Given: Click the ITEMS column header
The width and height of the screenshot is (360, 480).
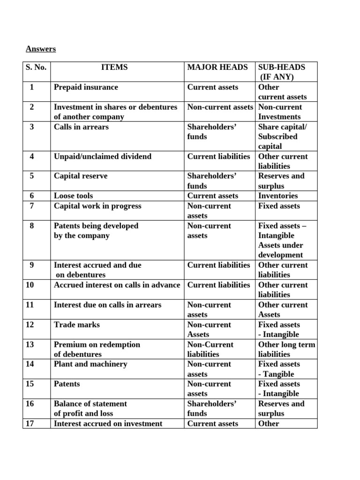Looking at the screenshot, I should pyautogui.click(x=114, y=67).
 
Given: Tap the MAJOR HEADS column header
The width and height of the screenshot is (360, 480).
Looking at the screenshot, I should pyautogui.click(x=217, y=67).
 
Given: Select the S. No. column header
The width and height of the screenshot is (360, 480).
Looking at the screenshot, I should pyautogui.click(x=36, y=67).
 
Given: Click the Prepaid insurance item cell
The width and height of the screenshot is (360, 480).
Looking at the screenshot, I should pyautogui.click(x=86, y=87).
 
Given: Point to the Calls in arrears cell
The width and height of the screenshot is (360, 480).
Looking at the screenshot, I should pyautogui.click(x=81, y=127).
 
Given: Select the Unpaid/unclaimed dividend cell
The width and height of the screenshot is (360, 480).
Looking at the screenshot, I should pyautogui.click(x=103, y=157).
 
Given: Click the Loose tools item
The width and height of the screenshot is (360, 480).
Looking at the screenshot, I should pyautogui.click(x=73, y=196).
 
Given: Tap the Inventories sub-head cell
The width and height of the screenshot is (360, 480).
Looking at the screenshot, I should pyautogui.click(x=278, y=196).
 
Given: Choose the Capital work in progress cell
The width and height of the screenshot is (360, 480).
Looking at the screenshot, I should pyautogui.click(x=97, y=206).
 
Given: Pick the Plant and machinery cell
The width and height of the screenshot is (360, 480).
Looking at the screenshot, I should pyautogui.click(x=90, y=364).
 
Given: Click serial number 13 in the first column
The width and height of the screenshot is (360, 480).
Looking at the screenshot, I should pyautogui.click(x=31, y=345).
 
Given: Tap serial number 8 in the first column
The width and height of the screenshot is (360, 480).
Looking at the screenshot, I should pyautogui.click(x=31, y=225).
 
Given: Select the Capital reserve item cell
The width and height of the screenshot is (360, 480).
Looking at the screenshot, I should pyautogui.click(x=81, y=176).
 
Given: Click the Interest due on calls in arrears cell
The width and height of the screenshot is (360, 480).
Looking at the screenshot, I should pyautogui.click(x=107, y=305).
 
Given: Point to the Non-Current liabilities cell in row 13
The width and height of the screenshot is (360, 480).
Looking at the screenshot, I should pyautogui.click(x=210, y=349).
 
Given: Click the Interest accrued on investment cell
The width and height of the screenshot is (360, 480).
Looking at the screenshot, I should pyautogui.click(x=108, y=423).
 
